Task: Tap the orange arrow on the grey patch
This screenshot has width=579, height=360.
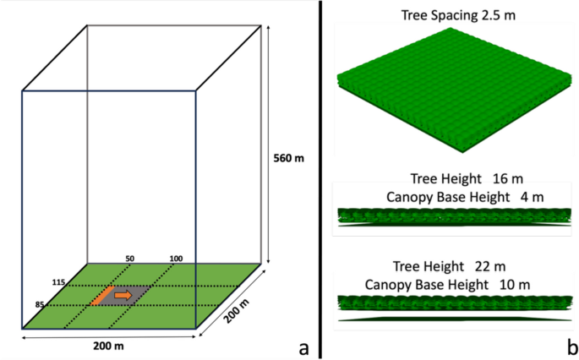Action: tap(123, 295)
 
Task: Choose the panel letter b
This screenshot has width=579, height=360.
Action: tap(571, 346)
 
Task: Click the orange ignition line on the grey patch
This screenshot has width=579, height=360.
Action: tap(105, 295)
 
